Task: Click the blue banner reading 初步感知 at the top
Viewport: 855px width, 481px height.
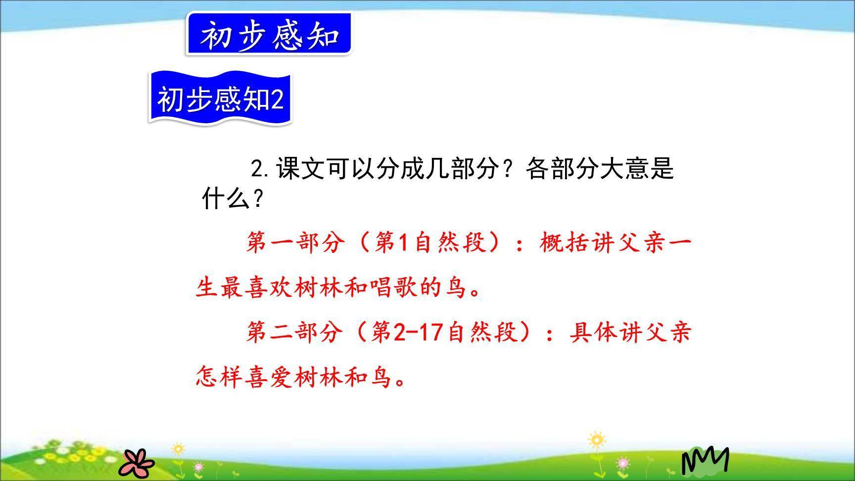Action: click(x=269, y=34)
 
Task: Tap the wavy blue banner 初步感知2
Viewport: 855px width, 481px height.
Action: click(x=220, y=98)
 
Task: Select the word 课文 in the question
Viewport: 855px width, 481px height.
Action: click(x=301, y=169)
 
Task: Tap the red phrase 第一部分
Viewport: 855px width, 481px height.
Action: click(x=295, y=242)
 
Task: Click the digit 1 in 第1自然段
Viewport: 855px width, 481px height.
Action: click(x=404, y=243)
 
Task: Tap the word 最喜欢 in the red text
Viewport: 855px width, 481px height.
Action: click(x=257, y=288)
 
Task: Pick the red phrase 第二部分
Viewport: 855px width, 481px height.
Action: click(x=295, y=332)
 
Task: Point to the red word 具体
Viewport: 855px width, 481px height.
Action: click(x=593, y=332)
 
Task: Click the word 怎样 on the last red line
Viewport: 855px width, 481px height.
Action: click(x=220, y=378)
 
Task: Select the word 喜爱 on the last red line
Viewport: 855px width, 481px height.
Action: click(x=270, y=378)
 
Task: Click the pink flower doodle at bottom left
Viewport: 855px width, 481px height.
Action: click(x=137, y=462)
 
